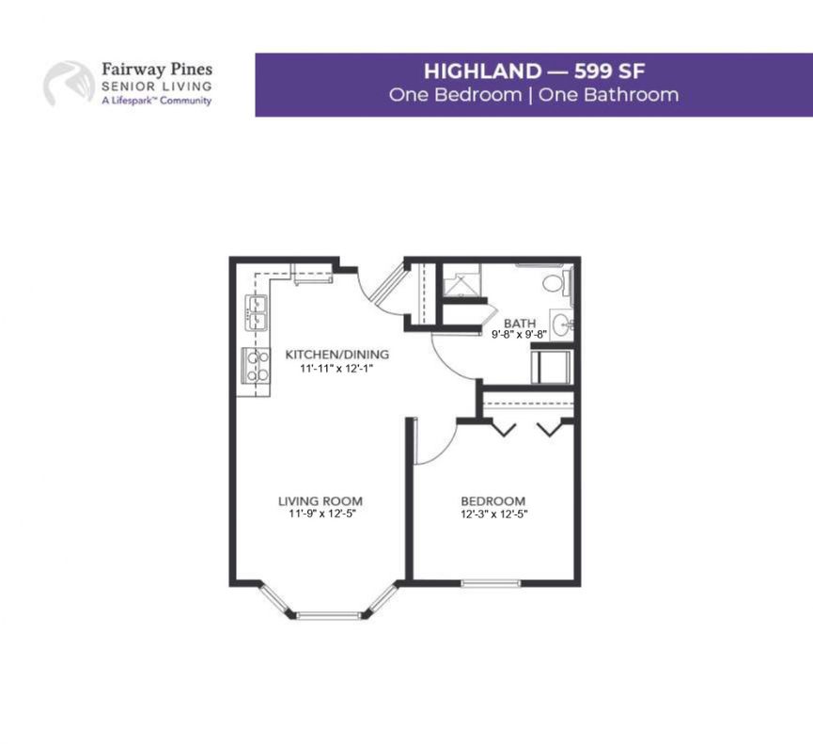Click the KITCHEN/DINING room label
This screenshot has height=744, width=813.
[337, 355]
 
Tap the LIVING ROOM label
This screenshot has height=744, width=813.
[321, 501]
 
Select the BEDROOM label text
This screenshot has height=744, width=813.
[493, 501]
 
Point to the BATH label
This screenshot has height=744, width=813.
[520, 324]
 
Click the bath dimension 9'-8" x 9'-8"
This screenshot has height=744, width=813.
[520, 335]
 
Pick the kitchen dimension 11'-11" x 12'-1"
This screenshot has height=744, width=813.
[337, 369]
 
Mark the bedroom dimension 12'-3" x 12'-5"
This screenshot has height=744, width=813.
[494, 514]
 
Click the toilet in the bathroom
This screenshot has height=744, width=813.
[558, 283]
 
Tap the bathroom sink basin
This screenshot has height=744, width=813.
[561, 325]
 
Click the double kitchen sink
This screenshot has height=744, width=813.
[257, 313]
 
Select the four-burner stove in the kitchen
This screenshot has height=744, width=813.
[257, 365]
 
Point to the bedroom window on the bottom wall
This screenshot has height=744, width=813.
[491, 583]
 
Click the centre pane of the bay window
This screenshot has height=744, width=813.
[328, 616]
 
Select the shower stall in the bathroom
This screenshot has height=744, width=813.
[461, 280]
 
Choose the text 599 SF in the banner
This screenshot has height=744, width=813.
[609, 71]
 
